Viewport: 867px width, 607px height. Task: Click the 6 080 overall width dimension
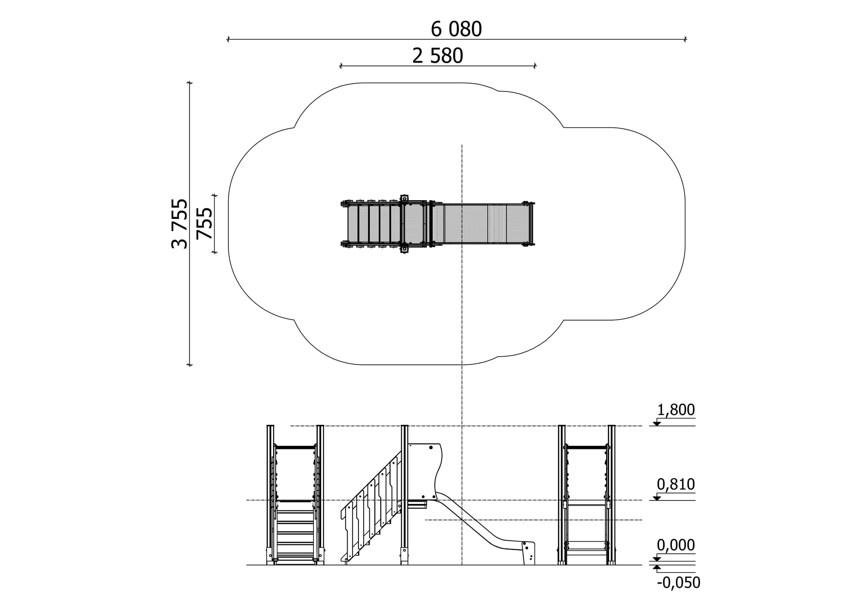[456, 29]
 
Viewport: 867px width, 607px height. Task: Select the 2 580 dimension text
[437, 56]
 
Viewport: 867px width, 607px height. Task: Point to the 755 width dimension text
[205, 224]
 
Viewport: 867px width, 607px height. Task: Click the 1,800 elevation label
[676, 409]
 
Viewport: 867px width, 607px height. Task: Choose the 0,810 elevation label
[676, 484]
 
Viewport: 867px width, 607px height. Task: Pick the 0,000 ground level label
[676, 545]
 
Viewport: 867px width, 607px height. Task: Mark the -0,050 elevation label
[678, 583]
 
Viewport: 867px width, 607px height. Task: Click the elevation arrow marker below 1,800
[657, 423]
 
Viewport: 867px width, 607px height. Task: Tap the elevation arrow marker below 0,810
[657, 498]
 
